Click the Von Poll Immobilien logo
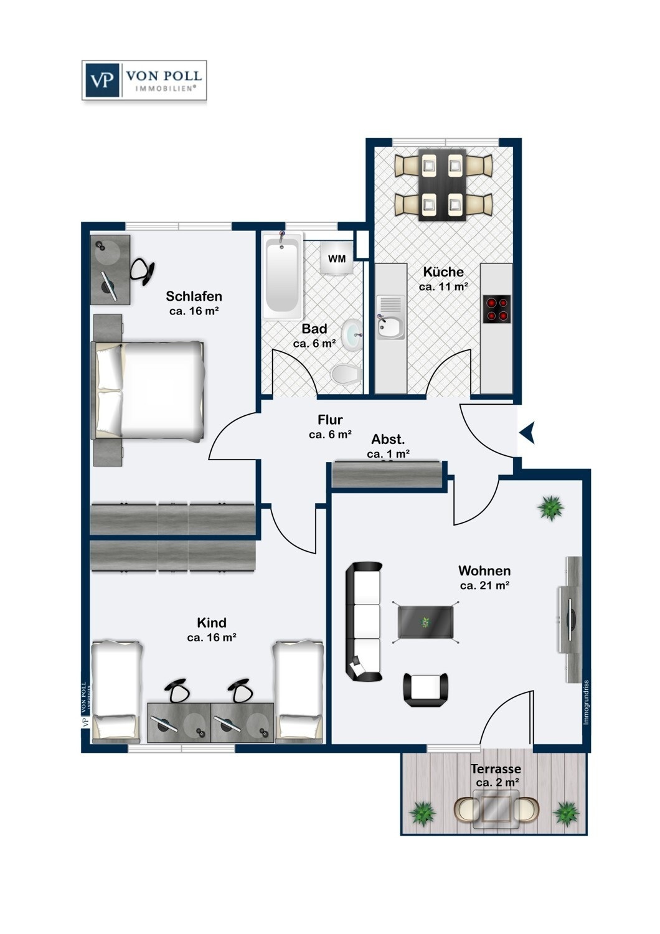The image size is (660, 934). [x=144, y=80]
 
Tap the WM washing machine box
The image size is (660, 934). [x=337, y=258]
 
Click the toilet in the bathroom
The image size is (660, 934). [x=346, y=374]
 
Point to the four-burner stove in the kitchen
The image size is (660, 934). [x=496, y=309]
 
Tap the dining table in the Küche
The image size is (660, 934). [x=443, y=184]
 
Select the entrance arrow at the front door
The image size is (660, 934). [x=528, y=432]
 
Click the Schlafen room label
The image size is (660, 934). [x=194, y=296]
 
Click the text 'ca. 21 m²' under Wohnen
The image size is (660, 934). [x=485, y=585]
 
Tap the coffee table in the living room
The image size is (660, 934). [x=426, y=621]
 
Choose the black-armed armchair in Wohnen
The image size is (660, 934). [x=426, y=689]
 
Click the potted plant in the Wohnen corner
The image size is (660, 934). [x=550, y=508]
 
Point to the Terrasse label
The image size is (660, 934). [x=496, y=769]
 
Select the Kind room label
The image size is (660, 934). [x=212, y=623]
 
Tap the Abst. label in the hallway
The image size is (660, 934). [x=388, y=440]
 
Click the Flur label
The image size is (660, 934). [x=330, y=420]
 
